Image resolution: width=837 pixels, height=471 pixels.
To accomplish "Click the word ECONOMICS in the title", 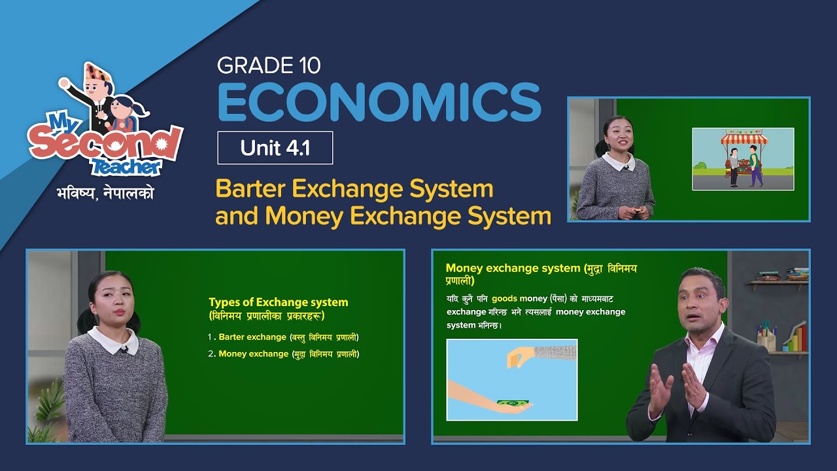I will [x=379, y=102].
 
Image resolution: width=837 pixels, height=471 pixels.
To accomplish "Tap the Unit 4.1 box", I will [x=275, y=148].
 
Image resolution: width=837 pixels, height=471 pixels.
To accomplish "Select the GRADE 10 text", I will [x=269, y=65].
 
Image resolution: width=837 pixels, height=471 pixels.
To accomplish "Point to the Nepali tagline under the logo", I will [x=105, y=194].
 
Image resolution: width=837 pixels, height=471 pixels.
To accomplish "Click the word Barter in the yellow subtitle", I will [x=251, y=189].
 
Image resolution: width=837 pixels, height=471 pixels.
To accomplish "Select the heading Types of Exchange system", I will [x=278, y=302].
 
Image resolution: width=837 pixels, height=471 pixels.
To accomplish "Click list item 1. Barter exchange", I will [x=283, y=337].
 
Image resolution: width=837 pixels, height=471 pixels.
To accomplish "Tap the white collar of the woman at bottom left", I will [x=112, y=340].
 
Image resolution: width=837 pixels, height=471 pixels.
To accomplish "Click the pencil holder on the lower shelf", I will [x=766, y=338].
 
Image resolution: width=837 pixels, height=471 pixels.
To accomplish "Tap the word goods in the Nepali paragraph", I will [x=505, y=298].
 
